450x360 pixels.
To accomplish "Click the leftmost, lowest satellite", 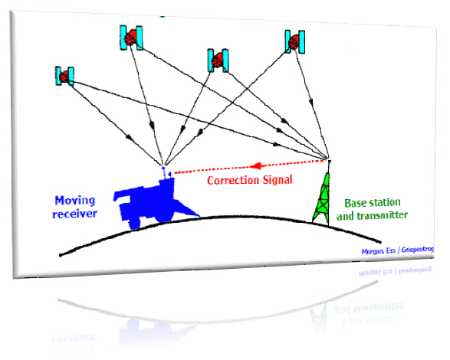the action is (64, 76).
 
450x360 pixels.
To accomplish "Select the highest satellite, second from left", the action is (131, 38).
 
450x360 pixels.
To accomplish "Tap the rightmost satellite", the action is (294, 42).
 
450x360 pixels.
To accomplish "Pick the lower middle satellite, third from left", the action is (218, 61).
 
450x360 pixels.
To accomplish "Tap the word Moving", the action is (75, 201).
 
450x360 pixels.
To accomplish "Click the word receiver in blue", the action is (75, 214).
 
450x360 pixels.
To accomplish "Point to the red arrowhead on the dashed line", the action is (255, 165).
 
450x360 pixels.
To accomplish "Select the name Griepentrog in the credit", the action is (418, 250).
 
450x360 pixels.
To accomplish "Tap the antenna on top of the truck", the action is (164, 172).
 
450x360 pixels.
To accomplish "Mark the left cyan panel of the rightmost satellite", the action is (287, 41).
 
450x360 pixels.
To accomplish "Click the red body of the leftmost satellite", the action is (64, 77).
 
